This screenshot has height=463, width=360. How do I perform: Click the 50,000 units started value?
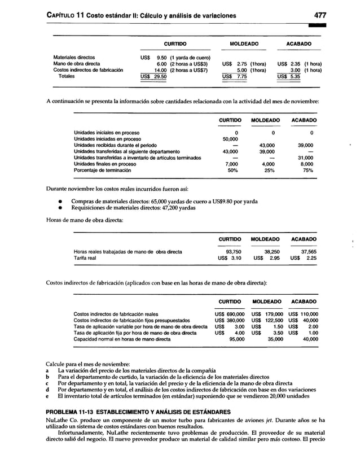coord(230,138)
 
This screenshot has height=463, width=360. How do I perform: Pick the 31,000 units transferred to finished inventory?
coord(305,158)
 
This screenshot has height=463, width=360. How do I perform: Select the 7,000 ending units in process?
coord(231,164)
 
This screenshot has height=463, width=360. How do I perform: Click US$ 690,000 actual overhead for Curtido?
coord(229,314)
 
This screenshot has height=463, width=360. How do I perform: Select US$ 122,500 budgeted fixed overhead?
coord(266,320)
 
